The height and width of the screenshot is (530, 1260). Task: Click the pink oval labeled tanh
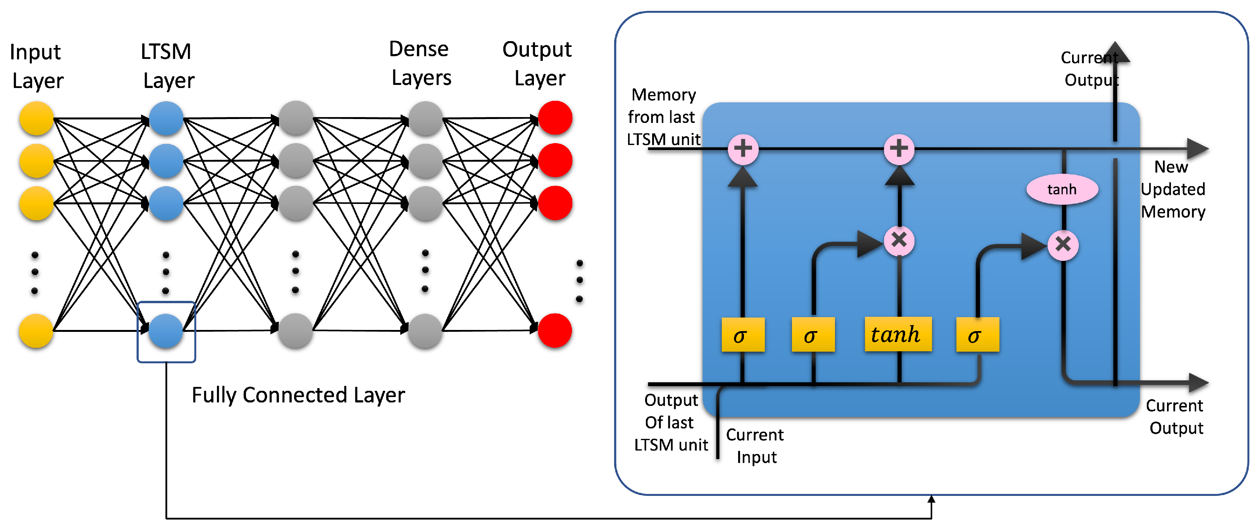1062,189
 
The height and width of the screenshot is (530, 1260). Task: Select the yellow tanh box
898,335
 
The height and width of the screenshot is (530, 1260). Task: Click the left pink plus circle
743,149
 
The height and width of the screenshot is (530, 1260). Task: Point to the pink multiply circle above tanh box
899,241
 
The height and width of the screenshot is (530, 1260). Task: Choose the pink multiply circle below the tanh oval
1063,244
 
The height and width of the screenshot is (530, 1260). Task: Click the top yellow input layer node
36,118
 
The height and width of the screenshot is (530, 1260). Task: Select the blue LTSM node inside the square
166,331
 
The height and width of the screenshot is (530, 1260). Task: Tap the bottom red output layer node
555,331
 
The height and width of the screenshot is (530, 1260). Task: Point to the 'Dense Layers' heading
420,64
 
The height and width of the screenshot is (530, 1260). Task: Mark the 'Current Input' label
755,446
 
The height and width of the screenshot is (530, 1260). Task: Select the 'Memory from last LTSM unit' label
663,117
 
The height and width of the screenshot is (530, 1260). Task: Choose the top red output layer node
555,118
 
